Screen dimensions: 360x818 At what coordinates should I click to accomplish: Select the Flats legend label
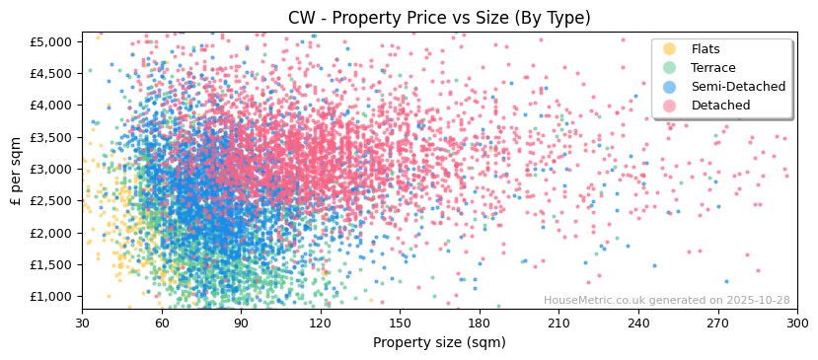(706, 49)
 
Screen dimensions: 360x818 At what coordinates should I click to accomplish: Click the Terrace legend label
(712, 68)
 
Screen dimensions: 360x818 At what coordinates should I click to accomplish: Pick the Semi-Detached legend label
(738, 87)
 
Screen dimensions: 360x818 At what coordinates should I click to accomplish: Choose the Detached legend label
(720, 106)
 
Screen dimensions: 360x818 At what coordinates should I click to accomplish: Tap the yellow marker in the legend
(670, 49)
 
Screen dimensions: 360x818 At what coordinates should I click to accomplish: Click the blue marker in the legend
(670, 87)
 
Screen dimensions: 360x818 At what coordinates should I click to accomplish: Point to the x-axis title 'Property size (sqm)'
(439, 343)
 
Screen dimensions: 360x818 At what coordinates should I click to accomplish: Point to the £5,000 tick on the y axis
(51, 41)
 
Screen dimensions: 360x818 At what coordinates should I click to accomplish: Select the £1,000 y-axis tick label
(51, 297)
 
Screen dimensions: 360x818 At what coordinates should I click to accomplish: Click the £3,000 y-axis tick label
(51, 170)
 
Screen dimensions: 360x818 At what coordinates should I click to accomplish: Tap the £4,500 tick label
(51, 73)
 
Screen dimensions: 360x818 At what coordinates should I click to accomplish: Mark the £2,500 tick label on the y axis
(51, 201)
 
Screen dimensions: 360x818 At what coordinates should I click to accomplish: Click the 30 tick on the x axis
(83, 323)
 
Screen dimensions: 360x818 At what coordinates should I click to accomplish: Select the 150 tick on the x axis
(400, 323)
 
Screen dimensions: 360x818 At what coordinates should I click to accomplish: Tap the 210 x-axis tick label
(558, 323)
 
